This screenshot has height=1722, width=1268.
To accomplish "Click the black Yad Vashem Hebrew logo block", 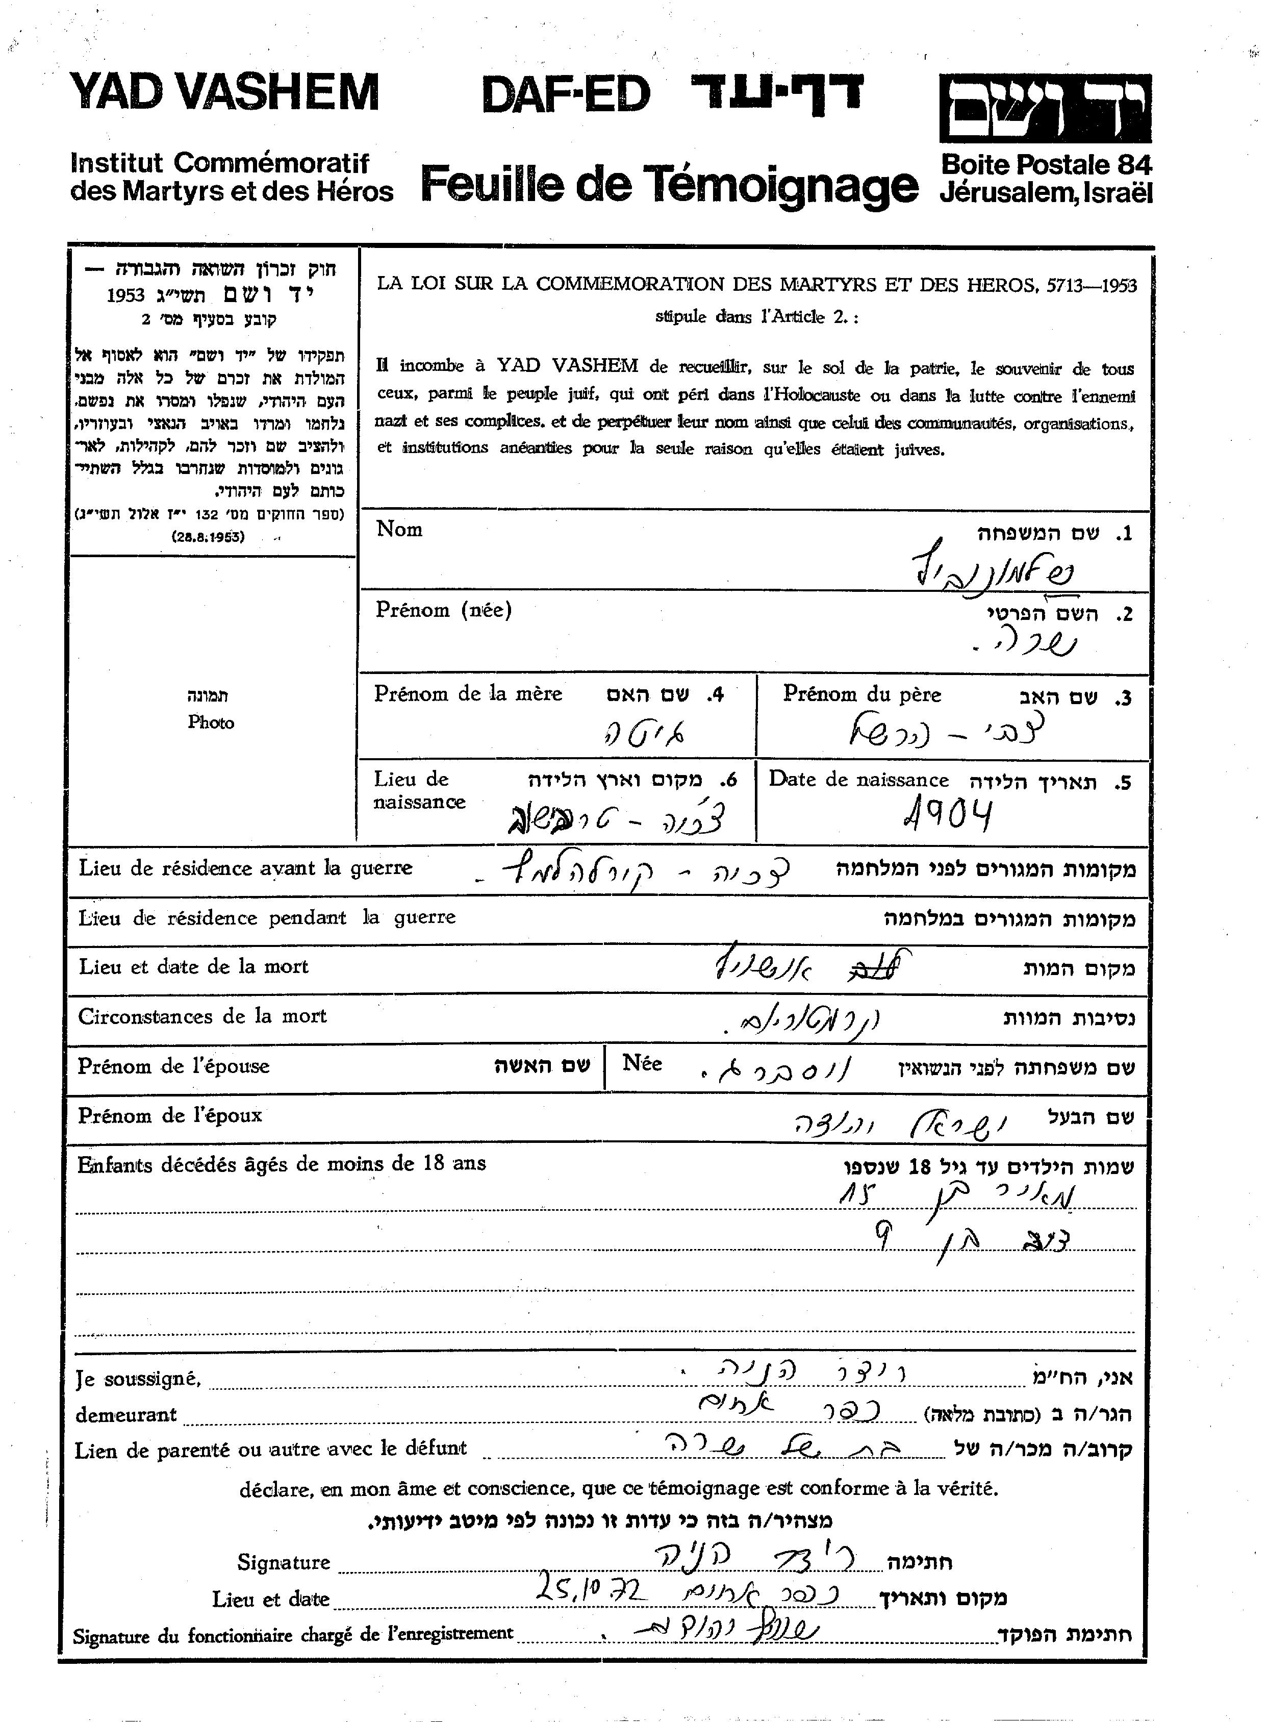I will (x=1046, y=108).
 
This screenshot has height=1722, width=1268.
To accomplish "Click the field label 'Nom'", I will (x=399, y=530).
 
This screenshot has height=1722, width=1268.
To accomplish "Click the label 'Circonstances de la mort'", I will (x=202, y=1016).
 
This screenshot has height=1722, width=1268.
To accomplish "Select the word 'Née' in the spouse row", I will (x=642, y=1063).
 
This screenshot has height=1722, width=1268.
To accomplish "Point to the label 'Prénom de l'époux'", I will (x=170, y=1115).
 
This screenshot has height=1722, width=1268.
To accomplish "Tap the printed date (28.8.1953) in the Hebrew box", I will (x=208, y=537).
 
